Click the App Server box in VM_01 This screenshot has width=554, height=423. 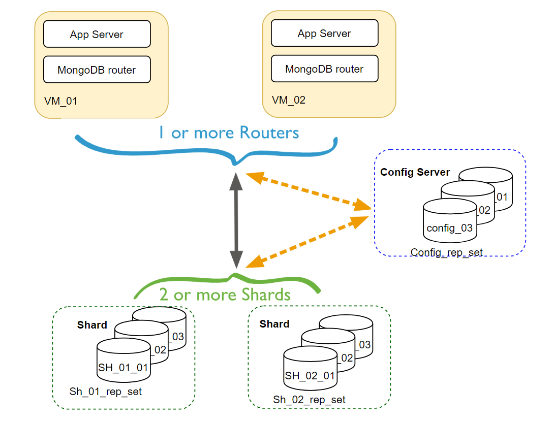click(97, 35)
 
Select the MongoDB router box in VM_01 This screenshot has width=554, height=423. click(97, 70)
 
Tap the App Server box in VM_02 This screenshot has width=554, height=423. click(324, 34)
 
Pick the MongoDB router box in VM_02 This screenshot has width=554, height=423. click(324, 69)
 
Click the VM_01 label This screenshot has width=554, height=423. click(61, 101)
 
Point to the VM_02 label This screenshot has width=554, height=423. click(289, 100)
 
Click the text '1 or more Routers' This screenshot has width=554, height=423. click(228, 133)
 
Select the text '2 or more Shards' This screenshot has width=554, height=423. click(225, 295)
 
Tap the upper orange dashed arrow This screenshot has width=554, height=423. click(308, 191)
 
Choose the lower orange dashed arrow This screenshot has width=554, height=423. click(307, 242)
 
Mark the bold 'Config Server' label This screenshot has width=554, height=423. click(415, 172)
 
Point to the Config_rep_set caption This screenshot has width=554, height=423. click(446, 252)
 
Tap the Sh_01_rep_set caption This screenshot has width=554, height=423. click(106, 392)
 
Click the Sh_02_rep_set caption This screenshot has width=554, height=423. click(309, 400)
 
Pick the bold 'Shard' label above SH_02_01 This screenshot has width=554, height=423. click(274, 324)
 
